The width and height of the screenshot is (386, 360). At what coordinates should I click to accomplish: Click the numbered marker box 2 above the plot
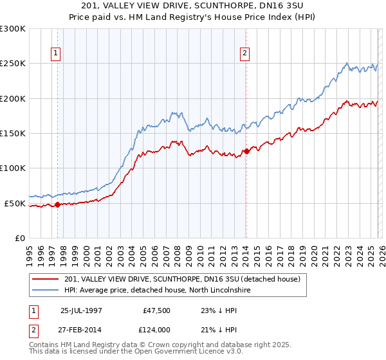click(246, 54)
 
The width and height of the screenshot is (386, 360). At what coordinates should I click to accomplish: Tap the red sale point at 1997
click(58, 205)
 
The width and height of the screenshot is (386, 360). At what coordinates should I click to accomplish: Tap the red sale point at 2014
click(246, 152)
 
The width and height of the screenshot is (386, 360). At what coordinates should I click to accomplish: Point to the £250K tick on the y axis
click(14, 64)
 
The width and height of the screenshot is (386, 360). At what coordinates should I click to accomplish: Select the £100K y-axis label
click(14, 168)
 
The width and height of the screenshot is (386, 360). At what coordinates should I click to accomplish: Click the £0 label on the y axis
click(20, 238)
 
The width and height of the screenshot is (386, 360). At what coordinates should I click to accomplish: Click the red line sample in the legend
click(46, 279)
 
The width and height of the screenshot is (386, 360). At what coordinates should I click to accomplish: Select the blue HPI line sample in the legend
click(46, 291)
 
